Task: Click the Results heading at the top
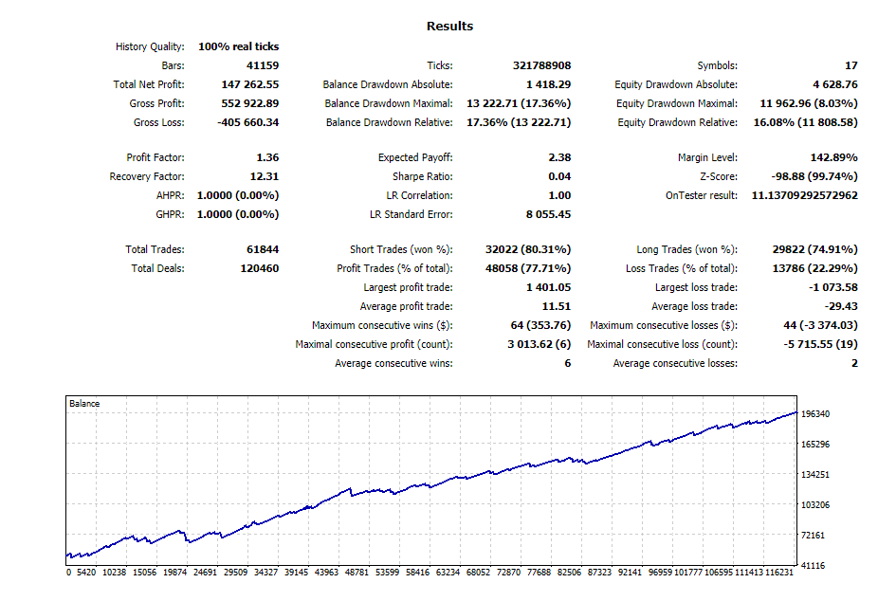coord(449,27)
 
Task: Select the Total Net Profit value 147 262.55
coord(250,84)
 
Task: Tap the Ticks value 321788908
coord(542,65)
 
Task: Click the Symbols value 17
coord(851,65)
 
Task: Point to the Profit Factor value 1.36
coord(267,157)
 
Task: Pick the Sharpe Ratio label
coord(423,177)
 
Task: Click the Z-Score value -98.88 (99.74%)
coord(814,177)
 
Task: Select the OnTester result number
coord(805,196)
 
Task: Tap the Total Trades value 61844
coord(263,249)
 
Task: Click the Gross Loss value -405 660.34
coord(248,122)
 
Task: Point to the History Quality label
coord(150,47)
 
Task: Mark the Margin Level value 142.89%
coord(833,157)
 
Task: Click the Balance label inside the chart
coord(84,404)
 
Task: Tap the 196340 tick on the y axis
coord(815,414)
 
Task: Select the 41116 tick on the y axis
coord(813,566)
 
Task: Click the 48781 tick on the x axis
coord(357,573)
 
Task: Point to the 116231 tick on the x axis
coord(778,573)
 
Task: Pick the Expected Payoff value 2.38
coord(560,157)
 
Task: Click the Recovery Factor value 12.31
coord(265,177)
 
